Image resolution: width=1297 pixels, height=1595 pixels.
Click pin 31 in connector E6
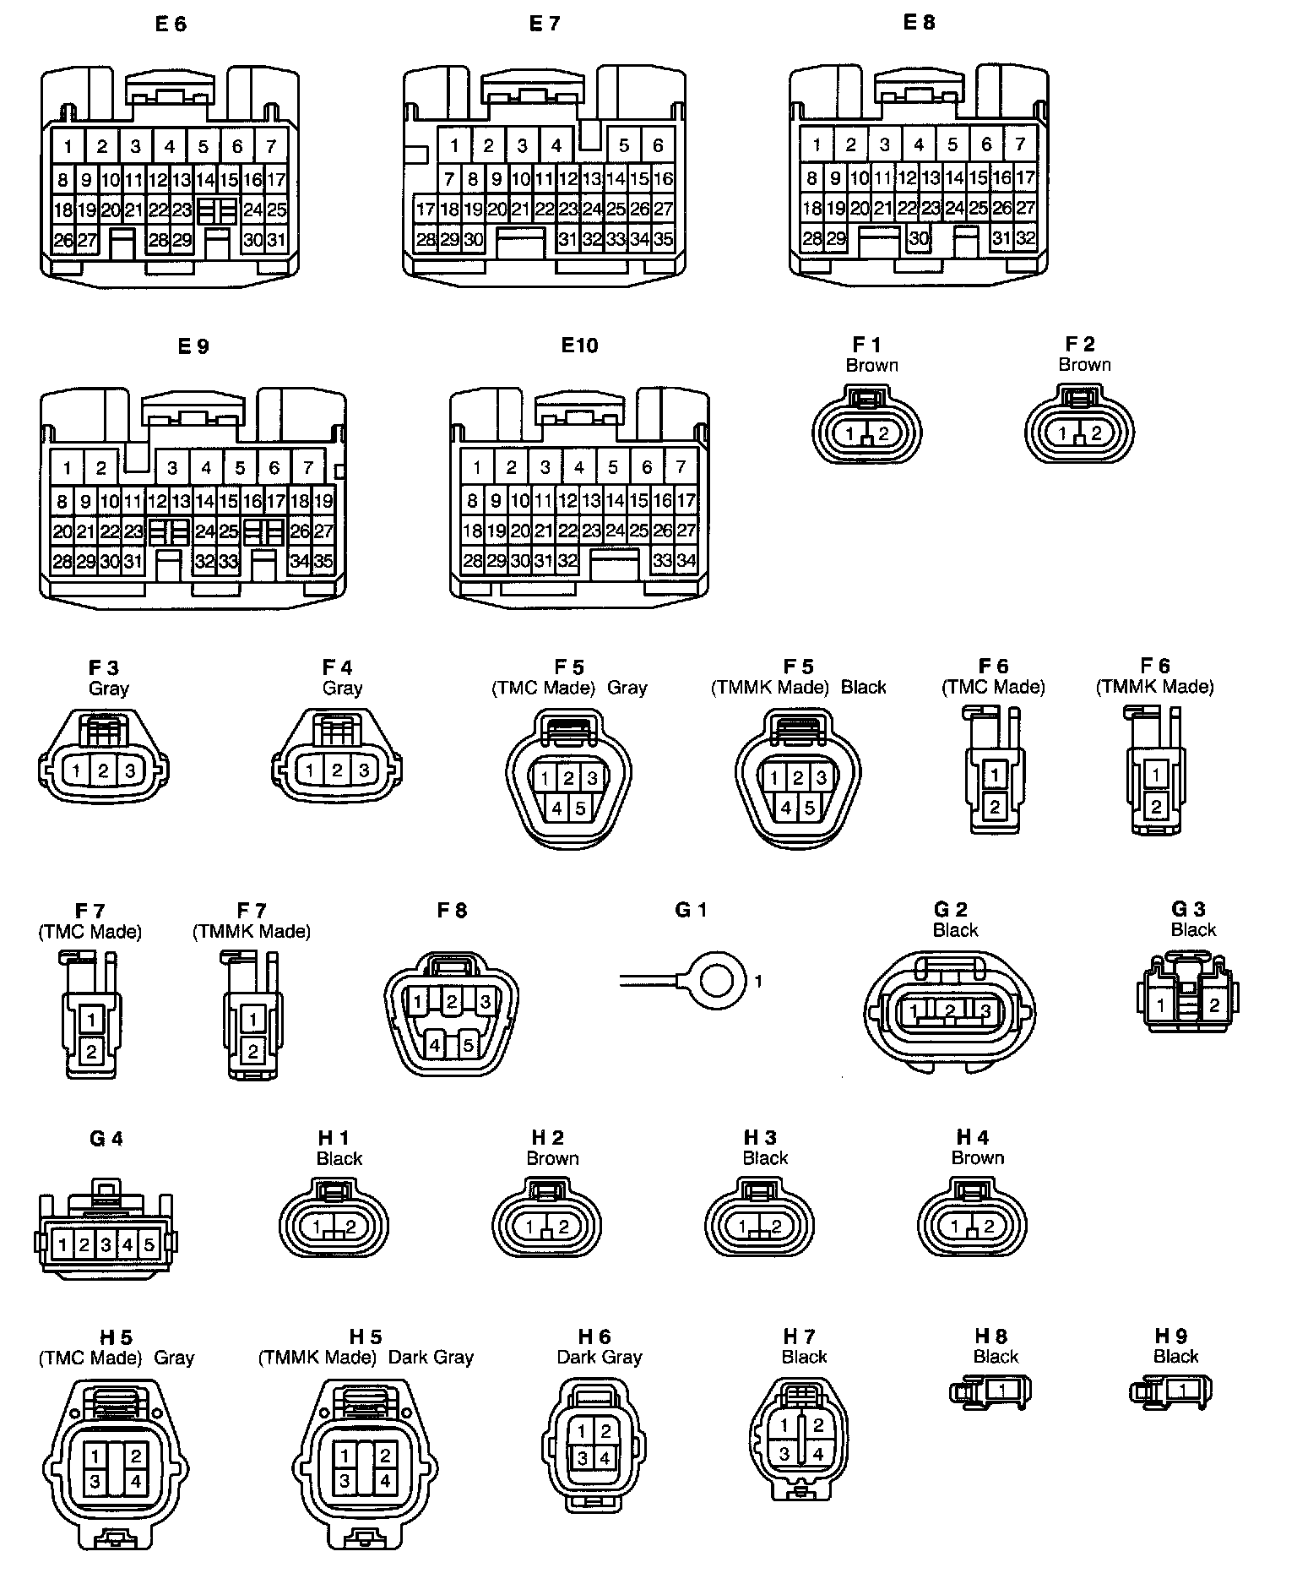276,240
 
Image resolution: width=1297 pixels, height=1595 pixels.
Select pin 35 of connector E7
664,239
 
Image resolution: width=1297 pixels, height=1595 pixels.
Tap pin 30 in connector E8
919,238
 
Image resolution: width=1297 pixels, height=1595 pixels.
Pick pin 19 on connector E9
323,501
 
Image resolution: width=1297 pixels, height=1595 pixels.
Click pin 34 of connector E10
686,560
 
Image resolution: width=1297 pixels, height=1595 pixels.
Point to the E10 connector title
579,345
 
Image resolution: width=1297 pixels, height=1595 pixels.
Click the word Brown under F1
871,365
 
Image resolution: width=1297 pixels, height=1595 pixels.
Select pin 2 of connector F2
1096,433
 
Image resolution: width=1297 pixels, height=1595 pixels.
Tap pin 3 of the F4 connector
363,770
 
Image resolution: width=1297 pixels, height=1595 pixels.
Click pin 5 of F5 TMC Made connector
580,808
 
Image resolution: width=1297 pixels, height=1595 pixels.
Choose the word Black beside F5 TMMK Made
863,687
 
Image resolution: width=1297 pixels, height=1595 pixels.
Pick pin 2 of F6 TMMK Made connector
1156,807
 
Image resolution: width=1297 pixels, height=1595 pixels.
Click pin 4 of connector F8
435,1045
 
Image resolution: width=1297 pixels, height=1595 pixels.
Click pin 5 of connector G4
149,1244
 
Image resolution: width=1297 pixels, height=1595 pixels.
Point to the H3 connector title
760,1138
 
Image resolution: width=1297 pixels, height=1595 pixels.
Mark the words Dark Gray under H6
600,1357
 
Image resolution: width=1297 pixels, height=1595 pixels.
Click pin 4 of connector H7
817,1454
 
